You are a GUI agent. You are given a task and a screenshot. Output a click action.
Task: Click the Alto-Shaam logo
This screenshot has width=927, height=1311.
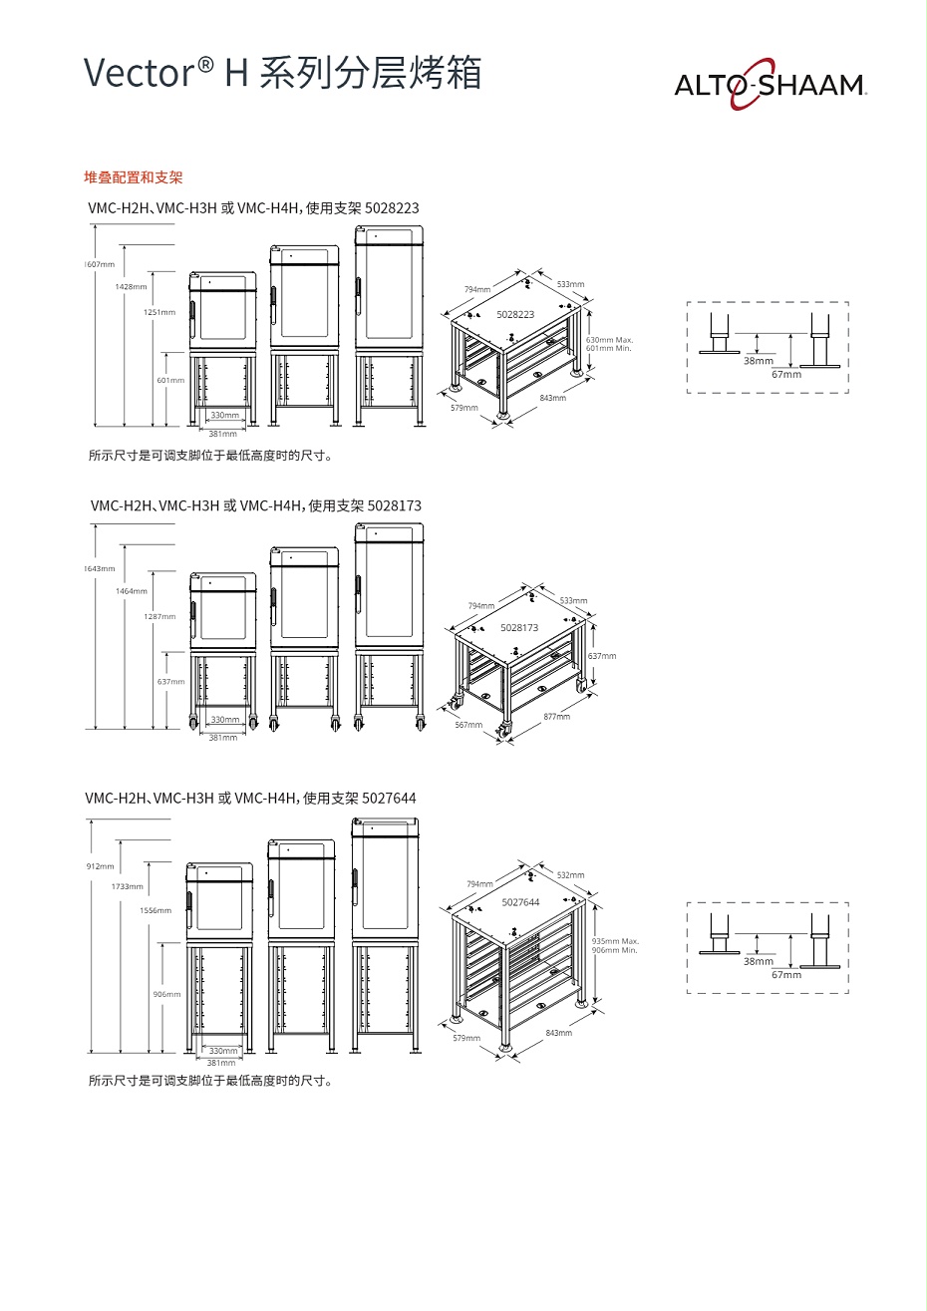(770, 86)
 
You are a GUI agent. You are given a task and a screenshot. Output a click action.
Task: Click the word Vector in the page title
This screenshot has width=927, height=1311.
(138, 74)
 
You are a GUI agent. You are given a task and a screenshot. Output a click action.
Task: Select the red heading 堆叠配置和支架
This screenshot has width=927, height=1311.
(133, 177)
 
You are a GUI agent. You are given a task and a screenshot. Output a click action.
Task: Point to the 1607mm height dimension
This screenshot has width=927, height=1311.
(99, 264)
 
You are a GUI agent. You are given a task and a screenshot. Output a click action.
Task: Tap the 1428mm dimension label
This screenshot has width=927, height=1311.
(131, 286)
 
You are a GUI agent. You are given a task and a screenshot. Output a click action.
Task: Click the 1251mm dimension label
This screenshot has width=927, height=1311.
(158, 312)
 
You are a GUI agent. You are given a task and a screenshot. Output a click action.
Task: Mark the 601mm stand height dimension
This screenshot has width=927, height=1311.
(170, 380)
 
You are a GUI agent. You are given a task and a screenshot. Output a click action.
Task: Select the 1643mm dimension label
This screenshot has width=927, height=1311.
(99, 568)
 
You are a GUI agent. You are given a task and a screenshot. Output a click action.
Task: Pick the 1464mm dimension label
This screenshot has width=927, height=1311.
(131, 591)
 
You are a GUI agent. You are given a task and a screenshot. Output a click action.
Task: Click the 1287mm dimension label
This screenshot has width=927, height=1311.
(159, 616)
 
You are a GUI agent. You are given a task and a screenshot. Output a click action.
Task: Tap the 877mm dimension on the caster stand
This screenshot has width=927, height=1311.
(557, 717)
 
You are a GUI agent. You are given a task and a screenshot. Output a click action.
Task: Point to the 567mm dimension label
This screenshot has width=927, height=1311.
(468, 725)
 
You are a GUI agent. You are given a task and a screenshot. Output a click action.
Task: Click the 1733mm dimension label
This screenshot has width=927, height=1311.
(127, 886)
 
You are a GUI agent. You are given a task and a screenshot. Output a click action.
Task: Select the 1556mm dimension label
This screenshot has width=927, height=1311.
(155, 910)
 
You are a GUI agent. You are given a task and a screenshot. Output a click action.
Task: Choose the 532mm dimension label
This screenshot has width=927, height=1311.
(570, 874)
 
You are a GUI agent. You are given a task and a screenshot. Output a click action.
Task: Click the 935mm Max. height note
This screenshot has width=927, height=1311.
(615, 941)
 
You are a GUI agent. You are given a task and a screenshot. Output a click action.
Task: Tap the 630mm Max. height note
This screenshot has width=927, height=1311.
(609, 340)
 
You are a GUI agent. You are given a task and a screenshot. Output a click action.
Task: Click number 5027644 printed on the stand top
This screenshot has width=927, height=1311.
(520, 902)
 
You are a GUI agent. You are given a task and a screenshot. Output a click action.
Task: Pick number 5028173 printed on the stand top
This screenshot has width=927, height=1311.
(519, 628)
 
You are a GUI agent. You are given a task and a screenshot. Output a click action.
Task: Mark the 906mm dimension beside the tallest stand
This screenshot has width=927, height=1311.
(166, 994)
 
